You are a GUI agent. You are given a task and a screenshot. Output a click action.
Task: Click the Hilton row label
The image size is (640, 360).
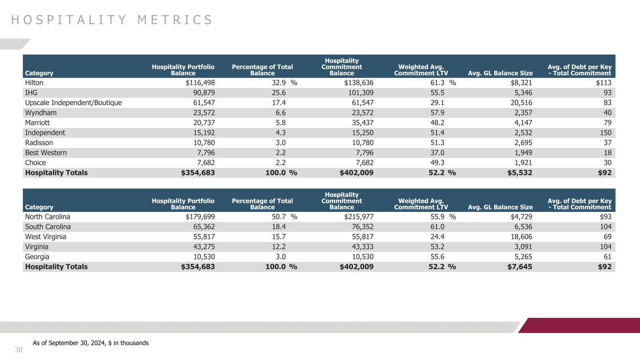[34, 82]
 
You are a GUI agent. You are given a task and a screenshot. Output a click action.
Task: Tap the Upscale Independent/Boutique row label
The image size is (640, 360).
[73, 103]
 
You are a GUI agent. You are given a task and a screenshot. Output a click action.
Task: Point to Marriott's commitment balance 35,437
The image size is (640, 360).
[361, 122]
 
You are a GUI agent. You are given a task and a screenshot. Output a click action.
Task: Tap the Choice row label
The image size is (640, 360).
[36, 162]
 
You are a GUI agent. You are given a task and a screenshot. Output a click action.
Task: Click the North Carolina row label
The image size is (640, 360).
[47, 217]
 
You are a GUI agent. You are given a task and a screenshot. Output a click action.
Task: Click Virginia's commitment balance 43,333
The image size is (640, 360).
[361, 247]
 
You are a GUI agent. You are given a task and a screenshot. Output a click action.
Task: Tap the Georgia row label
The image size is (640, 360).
[37, 256]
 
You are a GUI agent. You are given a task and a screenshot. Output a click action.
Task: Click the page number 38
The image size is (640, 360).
[19, 350]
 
